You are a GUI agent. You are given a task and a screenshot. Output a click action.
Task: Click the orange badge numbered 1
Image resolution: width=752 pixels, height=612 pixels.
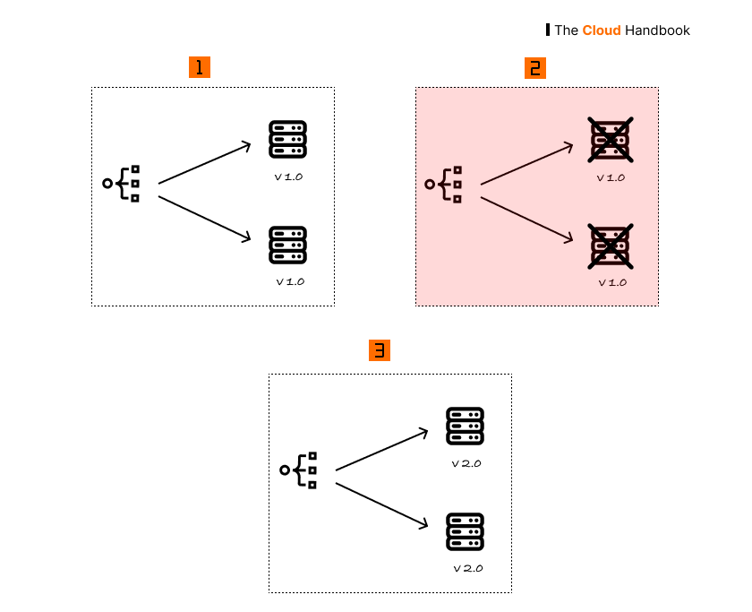coord(200,67)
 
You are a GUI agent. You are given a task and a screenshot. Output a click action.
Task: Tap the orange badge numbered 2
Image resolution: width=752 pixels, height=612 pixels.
coord(535,67)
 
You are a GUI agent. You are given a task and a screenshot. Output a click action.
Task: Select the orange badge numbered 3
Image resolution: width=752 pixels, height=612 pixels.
coord(380,350)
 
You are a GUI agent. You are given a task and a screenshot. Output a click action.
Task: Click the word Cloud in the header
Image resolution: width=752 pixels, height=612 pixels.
coord(602,30)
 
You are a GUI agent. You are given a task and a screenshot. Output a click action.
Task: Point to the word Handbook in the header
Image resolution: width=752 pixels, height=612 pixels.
coord(658,30)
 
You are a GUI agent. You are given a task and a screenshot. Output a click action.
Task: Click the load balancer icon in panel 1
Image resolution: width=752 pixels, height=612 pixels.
coord(122,184)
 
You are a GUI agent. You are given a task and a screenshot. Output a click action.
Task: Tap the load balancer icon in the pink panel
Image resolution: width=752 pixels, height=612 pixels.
coord(444,184)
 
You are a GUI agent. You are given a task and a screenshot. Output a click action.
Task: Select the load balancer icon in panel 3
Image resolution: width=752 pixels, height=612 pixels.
coord(299,470)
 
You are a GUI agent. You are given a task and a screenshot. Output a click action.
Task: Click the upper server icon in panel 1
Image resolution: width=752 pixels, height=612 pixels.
coord(288,140)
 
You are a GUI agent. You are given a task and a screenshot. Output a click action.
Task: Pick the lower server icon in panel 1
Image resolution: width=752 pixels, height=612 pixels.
coord(288,245)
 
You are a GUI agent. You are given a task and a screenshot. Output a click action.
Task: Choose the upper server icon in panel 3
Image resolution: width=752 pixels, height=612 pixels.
coord(465,427)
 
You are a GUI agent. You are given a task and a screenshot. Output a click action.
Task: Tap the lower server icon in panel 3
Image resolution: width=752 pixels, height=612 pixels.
coord(465,531)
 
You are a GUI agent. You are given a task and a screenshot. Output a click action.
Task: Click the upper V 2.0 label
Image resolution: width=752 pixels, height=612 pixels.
coord(466,464)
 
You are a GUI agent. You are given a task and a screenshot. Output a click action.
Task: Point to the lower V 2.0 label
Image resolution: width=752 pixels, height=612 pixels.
coord(467,568)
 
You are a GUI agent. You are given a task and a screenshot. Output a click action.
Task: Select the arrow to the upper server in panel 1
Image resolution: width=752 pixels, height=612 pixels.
coord(205,163)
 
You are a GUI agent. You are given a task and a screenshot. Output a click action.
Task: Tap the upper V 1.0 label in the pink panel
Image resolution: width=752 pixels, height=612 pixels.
coord(611,177)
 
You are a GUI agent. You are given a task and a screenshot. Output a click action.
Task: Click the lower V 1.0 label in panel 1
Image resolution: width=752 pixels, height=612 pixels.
coord(290,281)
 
